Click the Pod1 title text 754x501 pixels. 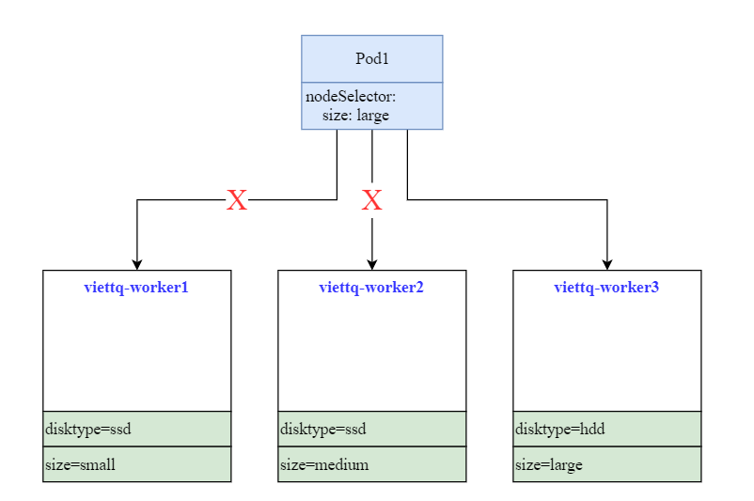pos(371,59)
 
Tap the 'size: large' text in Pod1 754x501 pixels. pos(355,115)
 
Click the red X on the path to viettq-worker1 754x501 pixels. pos(237,200)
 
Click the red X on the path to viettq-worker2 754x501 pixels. pos(372,200)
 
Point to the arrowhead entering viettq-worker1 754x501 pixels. pos(137,263)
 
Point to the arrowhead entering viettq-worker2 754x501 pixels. pos(372,263)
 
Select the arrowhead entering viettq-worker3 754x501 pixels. pos(607,263)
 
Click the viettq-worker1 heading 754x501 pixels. pos(136,288)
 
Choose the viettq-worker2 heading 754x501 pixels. pos(371,288)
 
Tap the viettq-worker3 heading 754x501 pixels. pos(606,288)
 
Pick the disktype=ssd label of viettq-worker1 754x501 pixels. pos(87,430)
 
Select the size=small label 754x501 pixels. pos(80,464)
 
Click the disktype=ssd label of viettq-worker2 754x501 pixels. pos(322,430)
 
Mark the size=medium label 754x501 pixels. pos(324,464)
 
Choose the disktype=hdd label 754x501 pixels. pos(559,430)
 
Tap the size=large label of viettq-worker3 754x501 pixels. pos(549,464)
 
